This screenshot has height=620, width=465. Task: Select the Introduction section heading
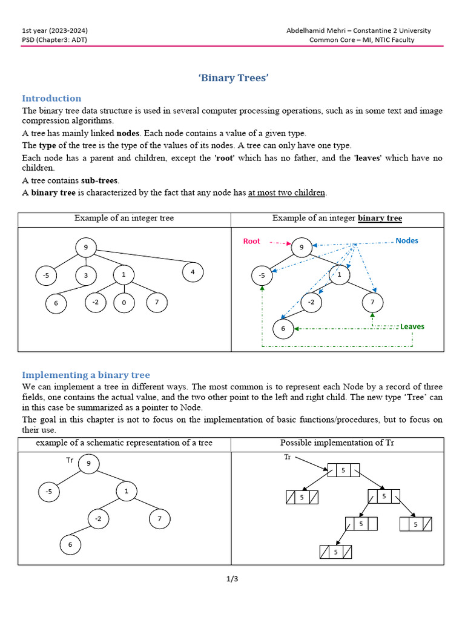pos(51,98)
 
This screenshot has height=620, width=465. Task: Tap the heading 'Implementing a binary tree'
pos(86,375)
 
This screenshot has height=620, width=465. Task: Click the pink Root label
pos(251,241)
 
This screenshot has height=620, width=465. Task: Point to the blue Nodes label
pos(407,240)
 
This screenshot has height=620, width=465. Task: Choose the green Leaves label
pos(412,326)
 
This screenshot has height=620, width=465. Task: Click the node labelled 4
pos(193,272)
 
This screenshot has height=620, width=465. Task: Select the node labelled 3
pos(86,276)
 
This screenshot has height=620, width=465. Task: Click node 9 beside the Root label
pos(302,247)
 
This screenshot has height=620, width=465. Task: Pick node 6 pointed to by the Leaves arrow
pos(283,329)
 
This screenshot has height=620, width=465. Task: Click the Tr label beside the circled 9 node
pos(70,460)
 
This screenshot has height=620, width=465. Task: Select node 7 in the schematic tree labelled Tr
pos(160,519)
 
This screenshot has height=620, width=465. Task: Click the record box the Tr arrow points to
pos(343,470)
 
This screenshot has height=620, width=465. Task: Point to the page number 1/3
pos(232,579)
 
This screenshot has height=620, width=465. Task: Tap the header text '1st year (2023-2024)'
pos(58,30)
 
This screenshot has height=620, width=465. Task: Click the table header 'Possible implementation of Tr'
pos(337,443)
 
